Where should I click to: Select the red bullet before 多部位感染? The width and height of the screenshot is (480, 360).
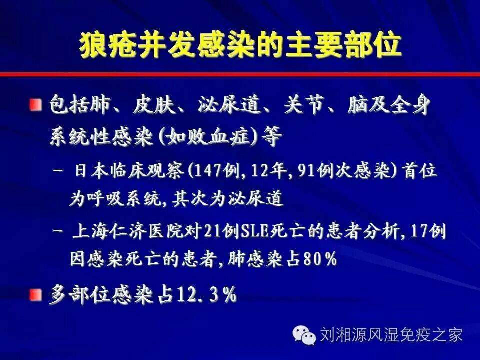tap(36, 295)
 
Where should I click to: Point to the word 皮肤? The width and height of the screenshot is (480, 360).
tap(153, 105)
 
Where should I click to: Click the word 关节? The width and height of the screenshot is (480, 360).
tap(303, 105)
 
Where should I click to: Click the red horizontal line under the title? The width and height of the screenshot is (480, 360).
tap(240, 74)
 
